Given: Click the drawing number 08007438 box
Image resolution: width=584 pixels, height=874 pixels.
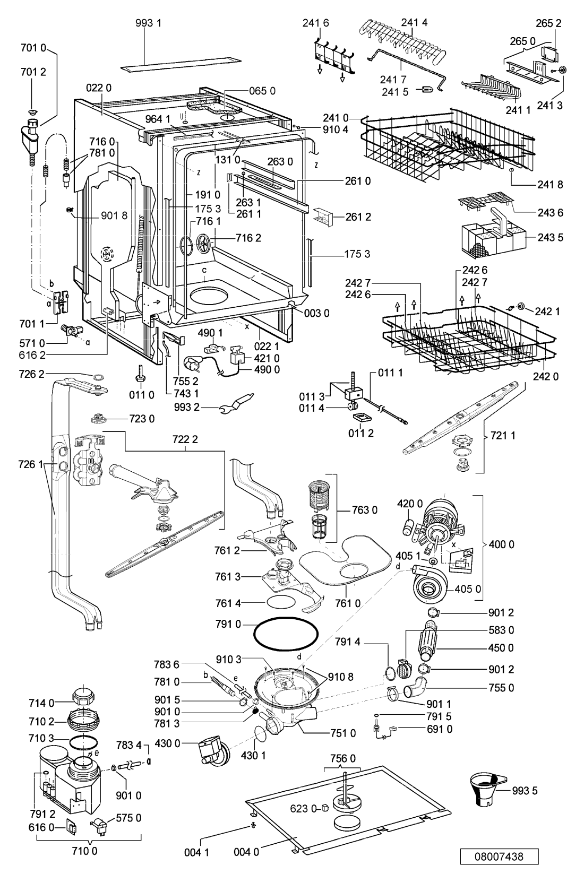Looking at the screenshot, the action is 499,856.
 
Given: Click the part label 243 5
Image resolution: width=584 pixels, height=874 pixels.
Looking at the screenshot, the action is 550,237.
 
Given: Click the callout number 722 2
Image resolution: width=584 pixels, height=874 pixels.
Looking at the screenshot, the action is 185,439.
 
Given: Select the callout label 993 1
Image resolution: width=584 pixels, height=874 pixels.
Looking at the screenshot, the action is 148,23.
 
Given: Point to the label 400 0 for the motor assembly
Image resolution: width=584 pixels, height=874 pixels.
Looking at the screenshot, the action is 501,544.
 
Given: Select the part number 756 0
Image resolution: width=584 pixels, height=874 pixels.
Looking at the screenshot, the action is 343,758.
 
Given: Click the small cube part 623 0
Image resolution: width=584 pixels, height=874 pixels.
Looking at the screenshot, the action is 325,808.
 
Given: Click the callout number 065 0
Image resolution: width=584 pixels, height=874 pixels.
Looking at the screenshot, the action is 262,91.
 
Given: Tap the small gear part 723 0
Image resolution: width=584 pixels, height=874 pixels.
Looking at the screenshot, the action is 97,419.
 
